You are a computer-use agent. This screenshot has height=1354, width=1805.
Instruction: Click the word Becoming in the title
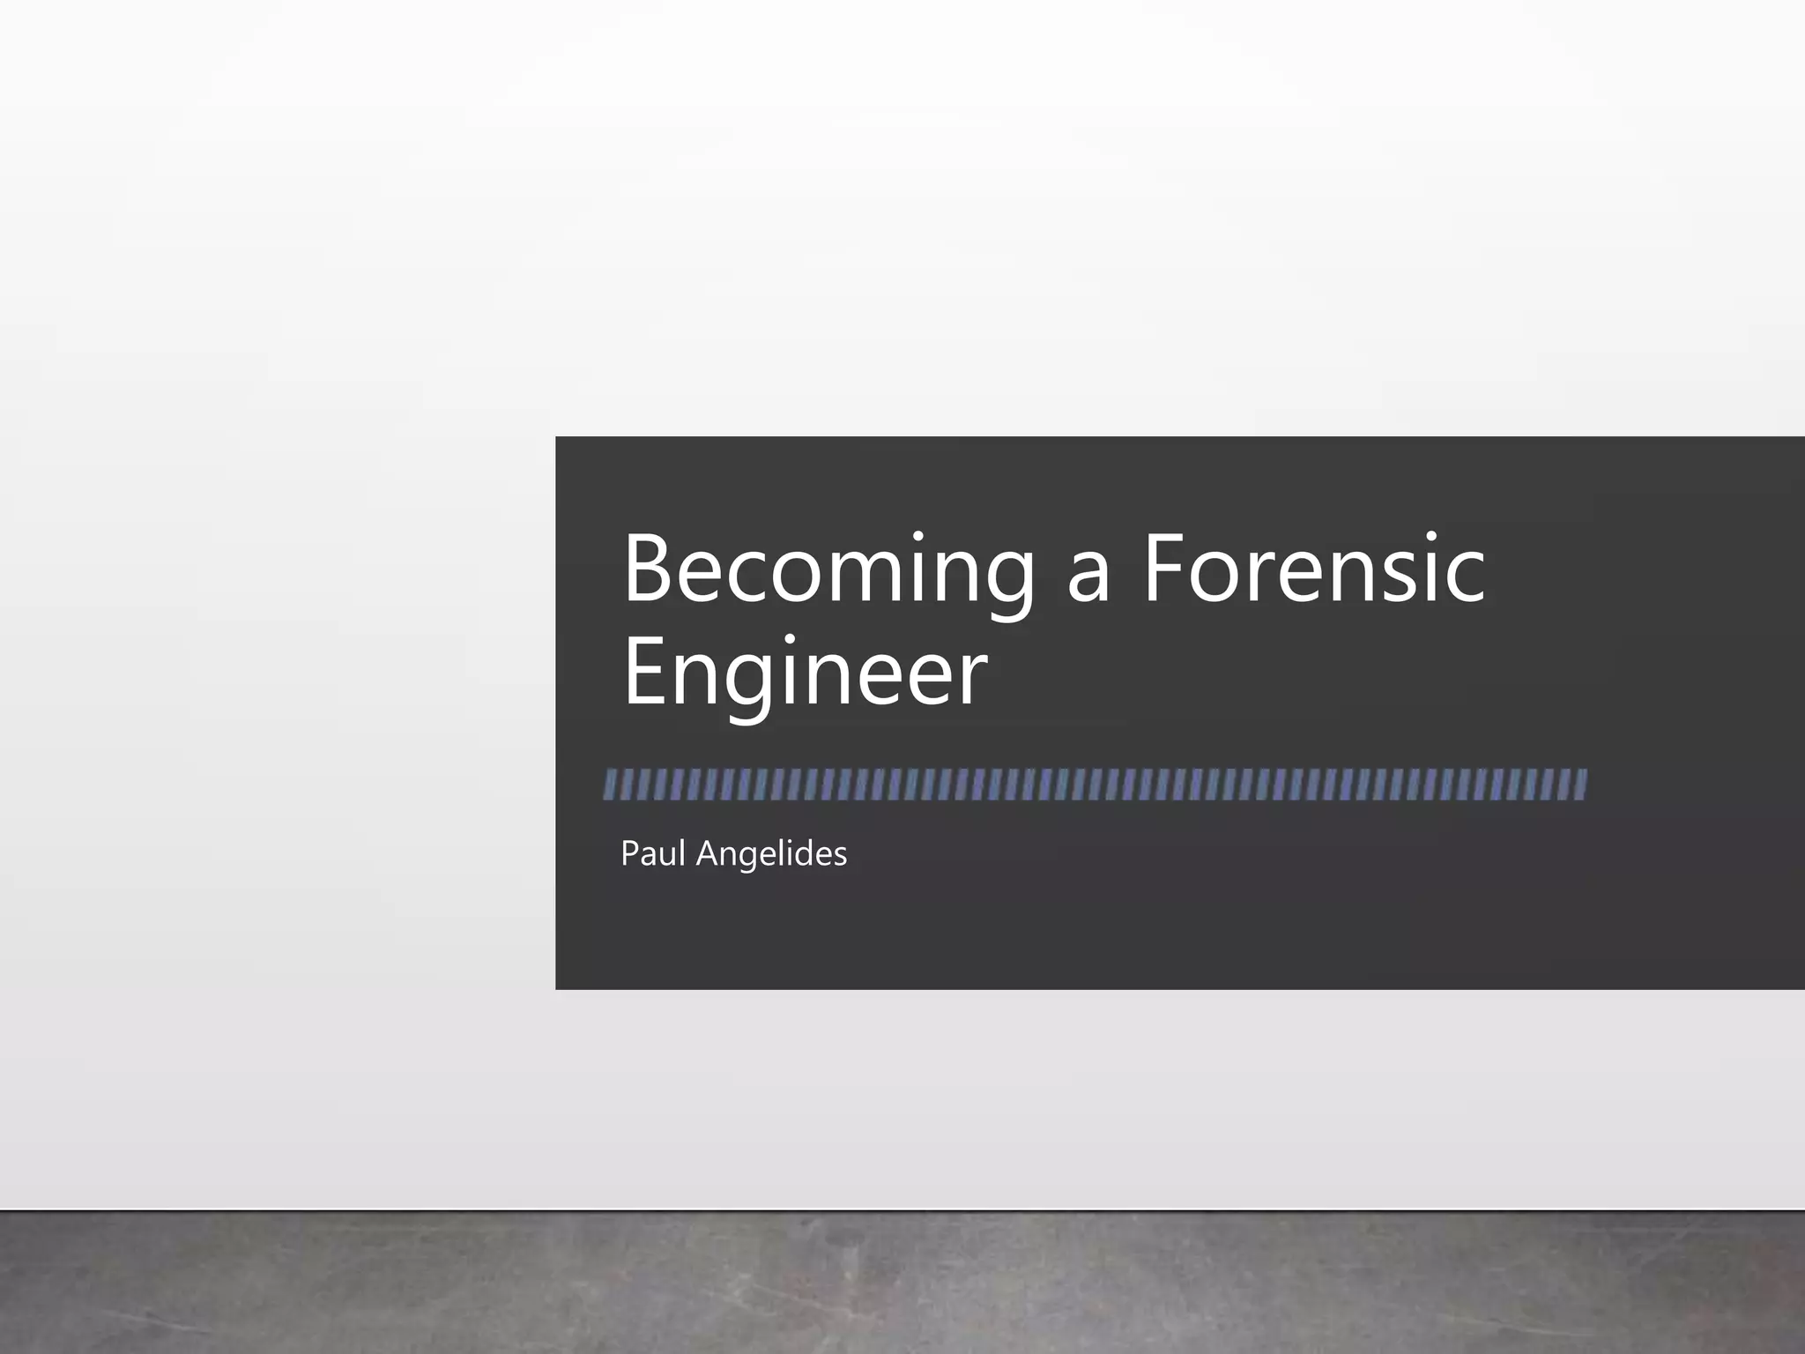tap(828, 571)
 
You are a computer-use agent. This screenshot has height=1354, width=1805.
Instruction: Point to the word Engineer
tap(804, 674)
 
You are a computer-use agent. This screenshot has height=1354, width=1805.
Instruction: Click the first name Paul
tap(652, 853)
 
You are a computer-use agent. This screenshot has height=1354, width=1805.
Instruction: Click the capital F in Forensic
tap(1166, 569)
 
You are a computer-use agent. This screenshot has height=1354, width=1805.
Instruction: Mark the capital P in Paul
tap(628, 853)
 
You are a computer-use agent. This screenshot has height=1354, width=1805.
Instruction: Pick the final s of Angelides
tap(839, 856)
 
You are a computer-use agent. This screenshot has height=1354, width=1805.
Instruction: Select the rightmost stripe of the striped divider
tap(1580, 785)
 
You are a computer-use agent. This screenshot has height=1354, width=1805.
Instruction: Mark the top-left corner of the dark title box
tap(556, 437)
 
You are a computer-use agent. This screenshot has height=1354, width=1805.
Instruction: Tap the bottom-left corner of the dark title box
tap(556, 988)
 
